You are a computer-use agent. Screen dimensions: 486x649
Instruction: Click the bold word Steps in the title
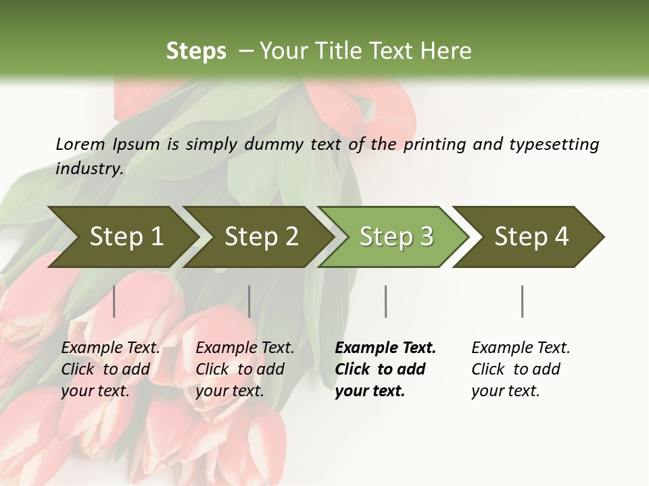pos(196,51)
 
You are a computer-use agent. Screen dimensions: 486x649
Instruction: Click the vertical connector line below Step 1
pos(114,301)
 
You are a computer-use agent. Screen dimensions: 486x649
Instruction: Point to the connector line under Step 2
pos(249,301)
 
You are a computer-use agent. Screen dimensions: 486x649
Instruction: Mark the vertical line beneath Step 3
pos(385,301)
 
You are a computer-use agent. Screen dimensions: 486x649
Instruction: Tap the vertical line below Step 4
pos(522,301)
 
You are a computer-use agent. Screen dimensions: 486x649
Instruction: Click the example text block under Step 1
pos(110,369)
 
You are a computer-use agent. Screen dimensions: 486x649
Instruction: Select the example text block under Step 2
pos(245,369)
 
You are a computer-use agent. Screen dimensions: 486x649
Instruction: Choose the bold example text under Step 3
pos(385,369)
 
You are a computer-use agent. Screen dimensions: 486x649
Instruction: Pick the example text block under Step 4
pos(521,369)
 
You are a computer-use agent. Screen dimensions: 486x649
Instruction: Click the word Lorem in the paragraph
pos(80,144)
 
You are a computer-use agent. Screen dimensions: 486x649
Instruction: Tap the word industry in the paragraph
pos(89,168)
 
